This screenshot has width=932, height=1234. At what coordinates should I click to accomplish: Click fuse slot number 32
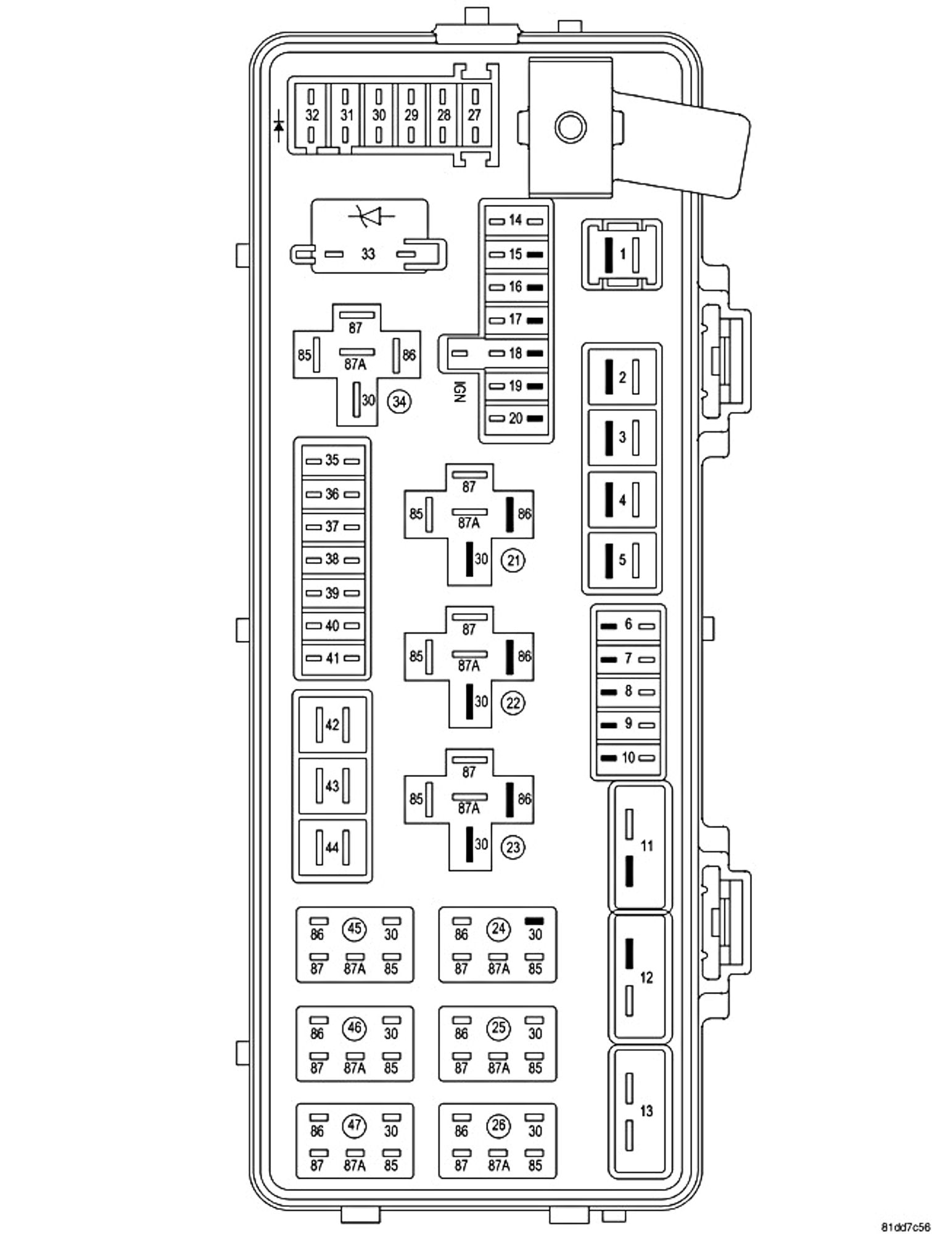pyautogui.click(x=312, y=115)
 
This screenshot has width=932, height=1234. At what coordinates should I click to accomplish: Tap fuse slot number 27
pyautogui.click(x=474, y=115)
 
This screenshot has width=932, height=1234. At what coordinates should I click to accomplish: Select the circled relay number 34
pyautogui.click(x=399, y=402)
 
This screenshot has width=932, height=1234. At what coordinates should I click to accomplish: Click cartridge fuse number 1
pyautogui.click(x=622, y=254)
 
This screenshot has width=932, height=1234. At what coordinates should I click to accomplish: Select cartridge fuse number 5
pyautogui.click(x=622, y=560)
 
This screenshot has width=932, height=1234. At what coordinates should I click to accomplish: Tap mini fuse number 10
pyautogui.click(x=628, y=758)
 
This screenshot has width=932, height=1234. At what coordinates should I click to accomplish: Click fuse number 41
pyautogui.click(x=332, y=658)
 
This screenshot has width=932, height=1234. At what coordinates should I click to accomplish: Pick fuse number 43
pyautogui.click(x=332, y=786)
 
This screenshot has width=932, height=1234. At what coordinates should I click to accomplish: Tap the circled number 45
pyautogui.click(x=355, y=929)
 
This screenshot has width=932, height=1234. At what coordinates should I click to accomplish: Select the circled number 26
pyautogui.click(x=498, y=1125)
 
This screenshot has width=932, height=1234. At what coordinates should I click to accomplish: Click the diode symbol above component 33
pyautogui.click(x=370, y=216)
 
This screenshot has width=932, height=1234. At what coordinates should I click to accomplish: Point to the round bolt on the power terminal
pyautogui.click(x=571, y=126)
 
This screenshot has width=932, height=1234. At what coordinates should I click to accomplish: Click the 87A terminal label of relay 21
pyautogui.click(x=469, y=523)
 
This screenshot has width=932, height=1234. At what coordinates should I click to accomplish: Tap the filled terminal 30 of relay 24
pyautogui.click(x=534, y=921)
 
